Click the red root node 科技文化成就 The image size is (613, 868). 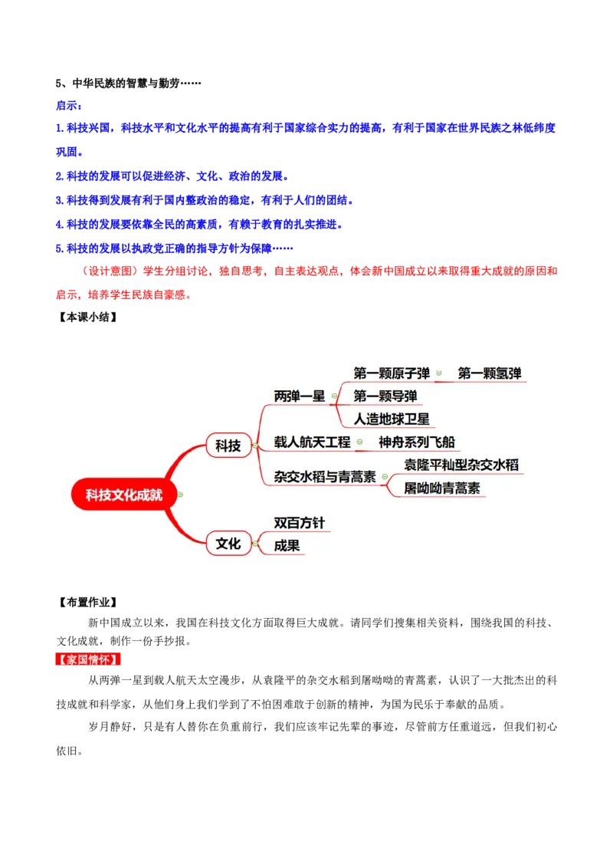point(124,495)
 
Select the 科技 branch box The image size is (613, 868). point(228,446)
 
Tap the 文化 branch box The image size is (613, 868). point(228,544)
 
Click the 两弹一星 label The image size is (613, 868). point(300,396)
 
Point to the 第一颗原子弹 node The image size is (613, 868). point(392,373)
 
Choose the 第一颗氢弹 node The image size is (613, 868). point(490,373)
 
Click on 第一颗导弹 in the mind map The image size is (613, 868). point(385,396)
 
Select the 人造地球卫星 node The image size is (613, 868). point(392,419)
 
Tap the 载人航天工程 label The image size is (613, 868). point(312,442)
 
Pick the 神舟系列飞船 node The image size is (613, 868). point(416,442)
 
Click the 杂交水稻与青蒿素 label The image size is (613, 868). point(325,477)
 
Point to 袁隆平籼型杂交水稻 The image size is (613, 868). point(461,465)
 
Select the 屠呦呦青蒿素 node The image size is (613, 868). point(442,488)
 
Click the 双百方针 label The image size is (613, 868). point(300,523)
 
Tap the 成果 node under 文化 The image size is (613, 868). point(287,546)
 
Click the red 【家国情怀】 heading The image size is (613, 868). point(89,659)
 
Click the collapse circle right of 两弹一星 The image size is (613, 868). point(334,396)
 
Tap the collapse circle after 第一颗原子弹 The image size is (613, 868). point(439,373)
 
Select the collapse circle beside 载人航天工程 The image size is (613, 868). point(359,442)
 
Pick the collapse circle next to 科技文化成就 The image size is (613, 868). point(180,495)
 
